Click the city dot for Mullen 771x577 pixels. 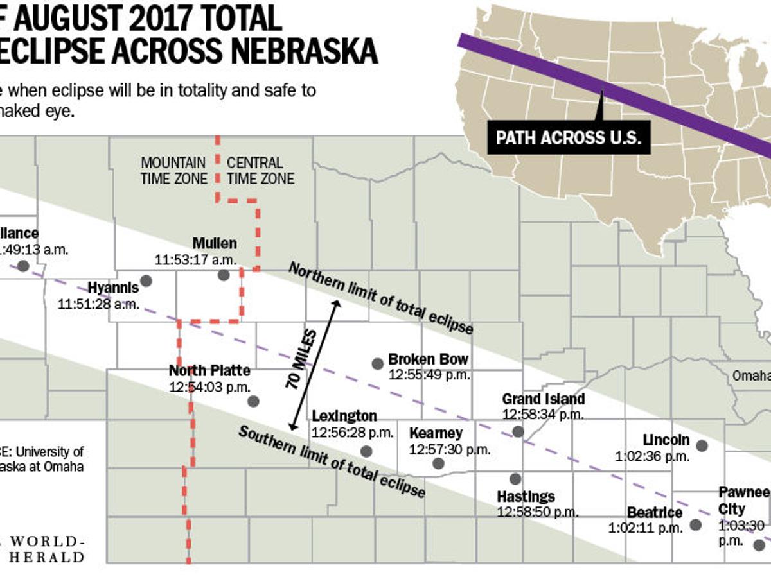(223, 275)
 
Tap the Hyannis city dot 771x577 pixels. (146, 280)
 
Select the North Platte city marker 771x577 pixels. (253, 401)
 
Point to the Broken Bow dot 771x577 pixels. (378, 364)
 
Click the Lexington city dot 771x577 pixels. (366, 451)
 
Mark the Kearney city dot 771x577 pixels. (438, 463)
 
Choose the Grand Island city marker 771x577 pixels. (518, 432)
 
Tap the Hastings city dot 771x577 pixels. (515, 479)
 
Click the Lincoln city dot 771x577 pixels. (702, 445)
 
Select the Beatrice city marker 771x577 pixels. (695, 524)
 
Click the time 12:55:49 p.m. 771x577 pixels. (429, 375)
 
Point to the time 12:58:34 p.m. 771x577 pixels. (543, 415)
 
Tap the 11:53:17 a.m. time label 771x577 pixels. (195, 260)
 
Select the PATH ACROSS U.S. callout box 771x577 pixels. (569, 138)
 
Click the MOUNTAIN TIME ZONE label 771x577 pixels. (173, 171)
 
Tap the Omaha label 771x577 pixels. (752, 375)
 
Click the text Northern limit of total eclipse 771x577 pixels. (380, 298)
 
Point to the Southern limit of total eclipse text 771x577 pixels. (332, 461)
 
